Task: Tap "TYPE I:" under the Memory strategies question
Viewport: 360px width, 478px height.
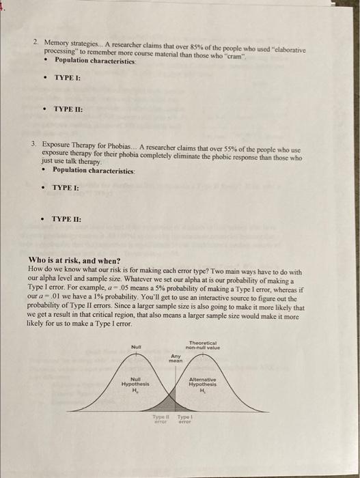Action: [x=68, y=79]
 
